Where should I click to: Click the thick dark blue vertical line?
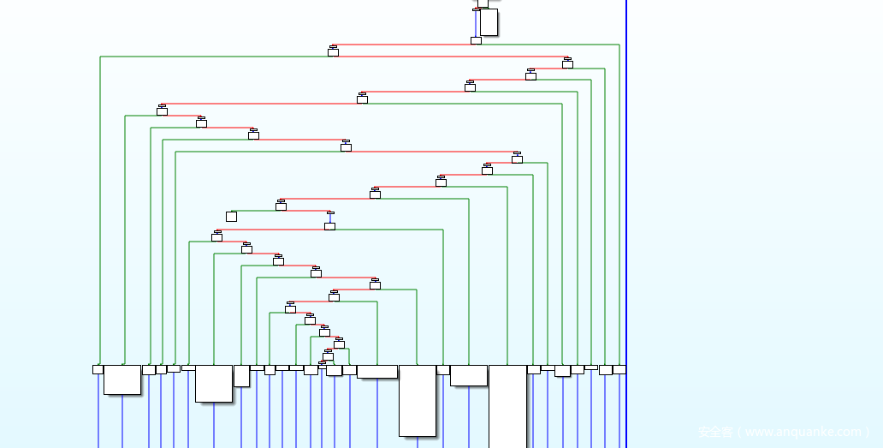coord(626,214)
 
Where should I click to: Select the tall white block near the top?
coord(489,22)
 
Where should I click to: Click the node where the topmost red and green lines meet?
coord(476,40)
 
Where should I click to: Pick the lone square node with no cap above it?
coord(231,217)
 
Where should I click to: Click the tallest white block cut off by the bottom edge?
coord(507,406)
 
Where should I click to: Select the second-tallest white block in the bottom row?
coord(418,400)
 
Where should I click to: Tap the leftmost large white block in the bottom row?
coord(122,379)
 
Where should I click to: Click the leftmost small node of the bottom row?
coord(98,369)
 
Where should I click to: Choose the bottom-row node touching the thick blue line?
coord(619,369)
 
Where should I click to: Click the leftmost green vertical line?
coord(100,210)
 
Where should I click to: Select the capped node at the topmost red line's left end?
coord(333,51)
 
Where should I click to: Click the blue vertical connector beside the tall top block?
coord(476,23)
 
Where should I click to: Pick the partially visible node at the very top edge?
coord(483,3)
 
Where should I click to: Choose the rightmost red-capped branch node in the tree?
coord(567,63)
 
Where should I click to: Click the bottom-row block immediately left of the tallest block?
coord(468,375)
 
